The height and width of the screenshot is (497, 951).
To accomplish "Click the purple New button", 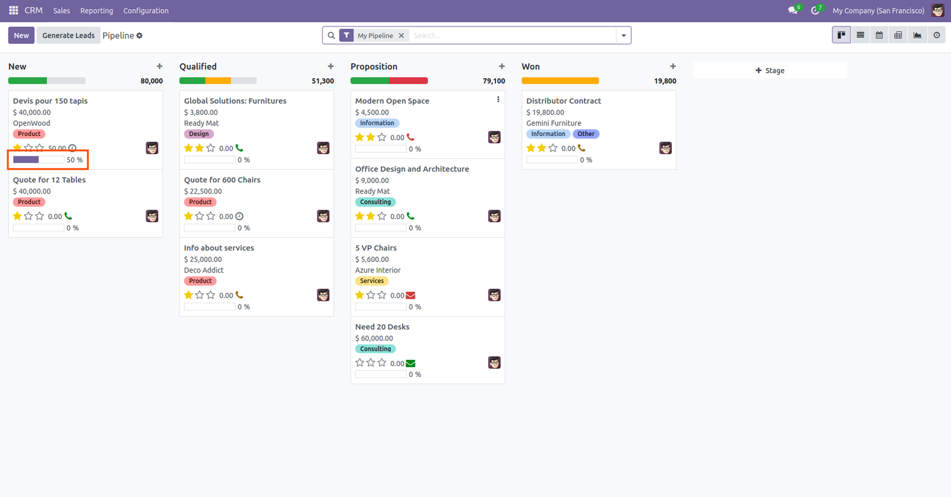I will [x=21, y=35].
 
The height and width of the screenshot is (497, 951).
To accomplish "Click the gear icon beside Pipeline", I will [x=140, y=35].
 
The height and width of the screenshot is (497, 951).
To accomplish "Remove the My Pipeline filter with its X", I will [x=401, y=35].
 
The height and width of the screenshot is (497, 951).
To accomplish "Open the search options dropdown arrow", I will [x=624, y=35].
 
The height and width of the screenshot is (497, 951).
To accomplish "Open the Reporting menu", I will [x=96, y=11].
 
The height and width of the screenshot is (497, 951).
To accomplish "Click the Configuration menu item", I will [x=146, y=11].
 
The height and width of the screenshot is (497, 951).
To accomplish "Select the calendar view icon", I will [x=879, y=35].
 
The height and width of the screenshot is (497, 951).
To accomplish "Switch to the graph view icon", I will [x=917, y=35].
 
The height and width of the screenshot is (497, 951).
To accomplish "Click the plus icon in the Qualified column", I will [x=330, y=66].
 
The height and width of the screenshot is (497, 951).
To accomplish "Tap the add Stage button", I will [x=770, y=70].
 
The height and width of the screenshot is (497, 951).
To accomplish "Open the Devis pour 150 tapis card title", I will [x=51, y=101].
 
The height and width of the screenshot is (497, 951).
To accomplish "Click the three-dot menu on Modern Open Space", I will [x=498, y=99].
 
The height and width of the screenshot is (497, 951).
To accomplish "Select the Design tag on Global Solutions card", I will [x=199, y=134].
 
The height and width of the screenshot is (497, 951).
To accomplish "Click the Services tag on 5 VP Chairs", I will [x=372, y=281].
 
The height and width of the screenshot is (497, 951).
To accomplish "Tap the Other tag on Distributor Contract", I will [x=586, y=134].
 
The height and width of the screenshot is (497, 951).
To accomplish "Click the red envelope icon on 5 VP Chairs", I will [x=410, y=295].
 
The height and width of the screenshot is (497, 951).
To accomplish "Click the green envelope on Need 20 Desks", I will [x=410, y=363].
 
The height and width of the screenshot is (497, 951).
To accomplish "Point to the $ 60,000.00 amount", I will [x=374, y=338].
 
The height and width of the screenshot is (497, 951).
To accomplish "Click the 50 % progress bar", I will [x=39, y=160].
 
